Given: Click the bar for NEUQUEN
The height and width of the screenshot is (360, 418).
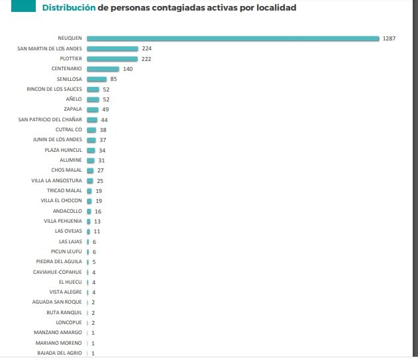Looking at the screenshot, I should [x=232, y=38].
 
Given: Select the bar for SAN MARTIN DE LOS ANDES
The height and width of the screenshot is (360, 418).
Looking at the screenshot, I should [x=112, y=48].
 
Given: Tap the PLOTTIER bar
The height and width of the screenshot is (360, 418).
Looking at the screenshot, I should [x=112, y=58].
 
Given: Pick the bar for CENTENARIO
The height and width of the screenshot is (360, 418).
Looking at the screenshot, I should [x=103, y=69].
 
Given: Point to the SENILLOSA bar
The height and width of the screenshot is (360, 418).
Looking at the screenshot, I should [x=97, y=79].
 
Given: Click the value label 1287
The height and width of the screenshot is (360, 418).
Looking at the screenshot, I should [x=389, y=38].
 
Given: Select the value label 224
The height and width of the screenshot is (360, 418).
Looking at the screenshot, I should [x=147, y=48].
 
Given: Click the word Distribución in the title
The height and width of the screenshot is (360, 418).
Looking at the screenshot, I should [x=69, y=8].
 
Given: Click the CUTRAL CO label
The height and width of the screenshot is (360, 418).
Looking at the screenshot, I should [x=69, y=130].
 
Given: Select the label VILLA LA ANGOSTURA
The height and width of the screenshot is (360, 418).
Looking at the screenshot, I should [x=56, y=180].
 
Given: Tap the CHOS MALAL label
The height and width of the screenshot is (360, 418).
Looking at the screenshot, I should [x=66, y=170].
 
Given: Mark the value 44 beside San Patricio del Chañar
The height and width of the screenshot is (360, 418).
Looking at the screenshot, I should [x=104, y=120].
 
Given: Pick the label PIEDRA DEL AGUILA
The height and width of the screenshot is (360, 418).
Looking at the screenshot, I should [x=58, y=262].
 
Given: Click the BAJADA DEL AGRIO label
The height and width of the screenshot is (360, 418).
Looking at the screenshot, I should [x=60, y=353].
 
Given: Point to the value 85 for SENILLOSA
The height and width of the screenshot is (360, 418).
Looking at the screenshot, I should [x=113, y=79].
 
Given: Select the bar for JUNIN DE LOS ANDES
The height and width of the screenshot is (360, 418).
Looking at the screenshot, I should [x=91, y=140].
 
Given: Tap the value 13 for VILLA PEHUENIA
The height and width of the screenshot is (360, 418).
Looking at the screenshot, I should [x=97, y=221].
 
